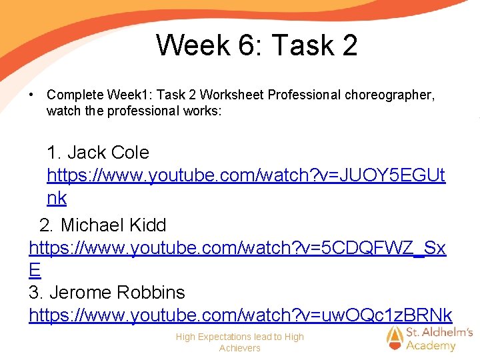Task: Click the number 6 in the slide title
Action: [245, 45]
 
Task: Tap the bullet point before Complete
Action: [31, 95]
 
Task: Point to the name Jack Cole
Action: [98, 153]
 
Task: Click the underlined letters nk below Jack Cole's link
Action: [57, 198]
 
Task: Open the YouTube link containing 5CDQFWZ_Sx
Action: [237, 248]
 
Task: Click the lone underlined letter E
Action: [35, 270]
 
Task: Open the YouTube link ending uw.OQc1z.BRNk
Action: [240, 315]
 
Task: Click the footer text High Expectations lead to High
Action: [239, 337]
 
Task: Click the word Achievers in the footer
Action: [239, 348]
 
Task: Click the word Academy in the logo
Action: [431, 345]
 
